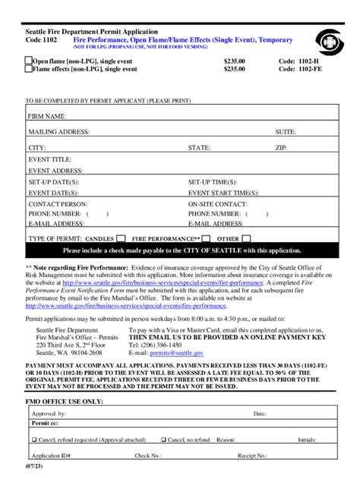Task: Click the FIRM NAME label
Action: pos(48,117)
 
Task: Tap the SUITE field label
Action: pos(286,131)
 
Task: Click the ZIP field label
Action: pos(281,147)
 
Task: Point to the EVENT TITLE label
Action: pos(50,159)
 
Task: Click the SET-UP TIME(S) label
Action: pos(213,183)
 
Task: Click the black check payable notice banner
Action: pos(182,250)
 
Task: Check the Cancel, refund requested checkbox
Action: pos(34,439)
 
